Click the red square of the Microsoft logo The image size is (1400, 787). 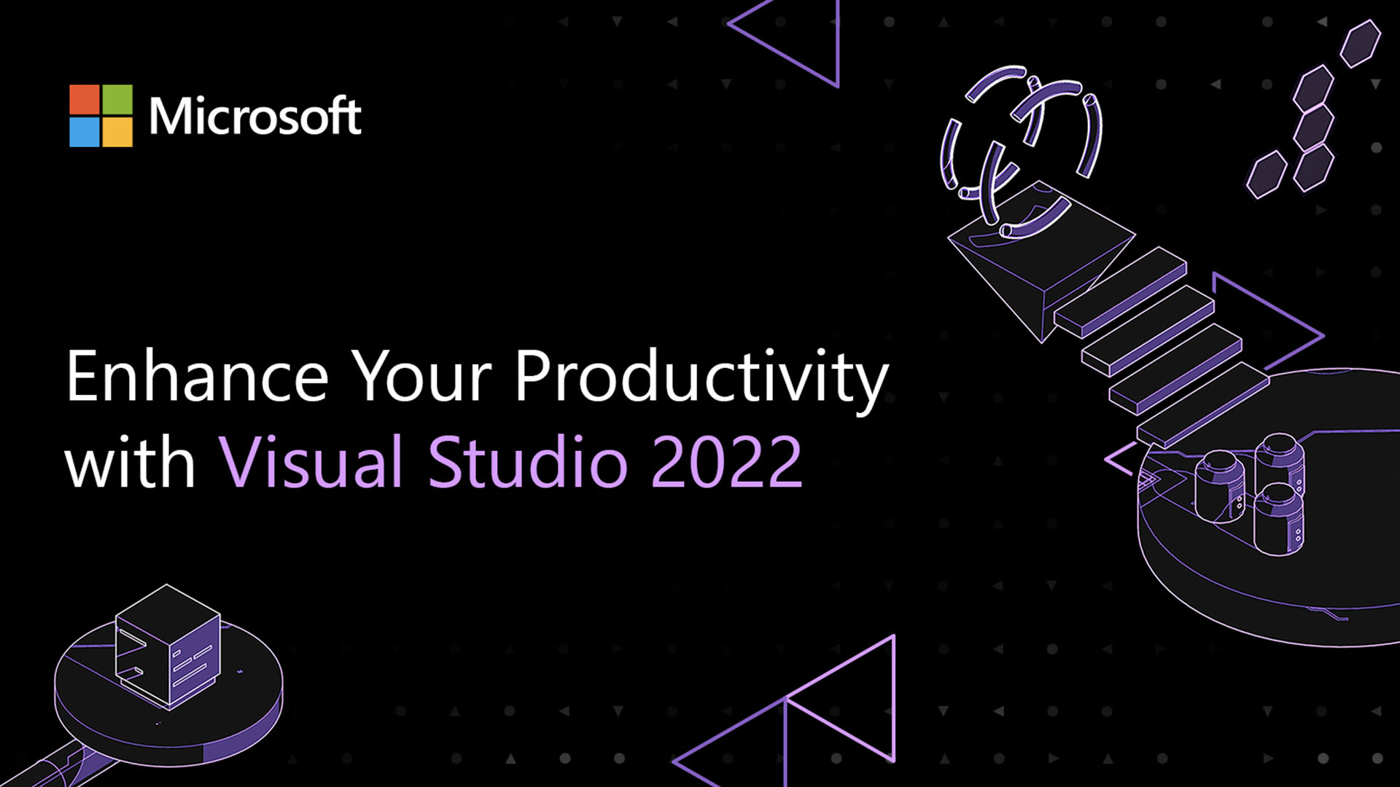[x=85, y=99]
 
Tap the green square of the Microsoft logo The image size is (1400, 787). [x=117, y=99]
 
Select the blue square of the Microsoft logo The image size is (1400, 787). [x=85, y=132]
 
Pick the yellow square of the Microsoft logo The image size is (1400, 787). [x=117, y=132]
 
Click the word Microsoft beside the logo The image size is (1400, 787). [x=255, y=116]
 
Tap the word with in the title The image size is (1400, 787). [x=131, y=461]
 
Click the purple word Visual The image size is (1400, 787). [x=311, y=461]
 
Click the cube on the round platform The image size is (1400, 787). [x=168, y=646]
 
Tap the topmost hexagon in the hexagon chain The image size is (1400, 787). [x=1361, y=44]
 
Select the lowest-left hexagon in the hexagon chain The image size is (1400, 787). [x=1267, y=175]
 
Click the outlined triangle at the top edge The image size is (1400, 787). [x=787, y=36]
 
